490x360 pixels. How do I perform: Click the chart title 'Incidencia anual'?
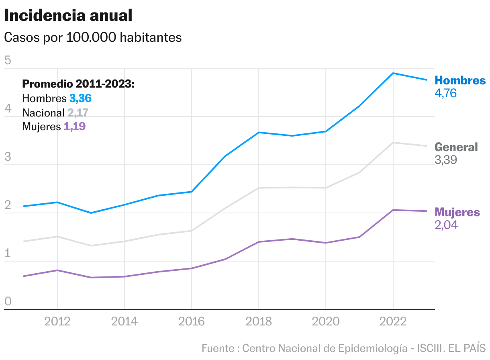[x=68, y=16]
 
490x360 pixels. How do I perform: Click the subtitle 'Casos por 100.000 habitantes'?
[x=93, y=37]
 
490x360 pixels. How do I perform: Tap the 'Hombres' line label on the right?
[x=460, y=80]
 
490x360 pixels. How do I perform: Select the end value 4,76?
[x=445, y=93]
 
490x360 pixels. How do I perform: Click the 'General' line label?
[x=456, y=147]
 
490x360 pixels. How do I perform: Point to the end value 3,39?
[x=446, y=160]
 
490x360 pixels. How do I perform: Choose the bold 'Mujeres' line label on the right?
[x=457, y=212]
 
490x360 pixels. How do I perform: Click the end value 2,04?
[x=446, y=225]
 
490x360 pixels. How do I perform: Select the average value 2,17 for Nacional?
[x=78, y=112]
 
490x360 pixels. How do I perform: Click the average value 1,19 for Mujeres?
[x=75, y=127]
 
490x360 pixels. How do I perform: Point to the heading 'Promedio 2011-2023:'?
[x=78, y=84]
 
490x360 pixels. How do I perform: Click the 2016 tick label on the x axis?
[x=192, y=321]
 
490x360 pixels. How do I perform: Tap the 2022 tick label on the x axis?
[x=393, y=321]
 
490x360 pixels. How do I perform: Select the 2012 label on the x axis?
[x=57, y=321]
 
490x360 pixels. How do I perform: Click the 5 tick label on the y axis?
[x=7, y=61]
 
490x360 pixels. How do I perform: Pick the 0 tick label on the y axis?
[x=7, y=302]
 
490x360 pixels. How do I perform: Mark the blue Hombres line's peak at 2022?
[x=393, y=73]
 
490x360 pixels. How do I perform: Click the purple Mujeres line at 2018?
[x=259, y=242]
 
